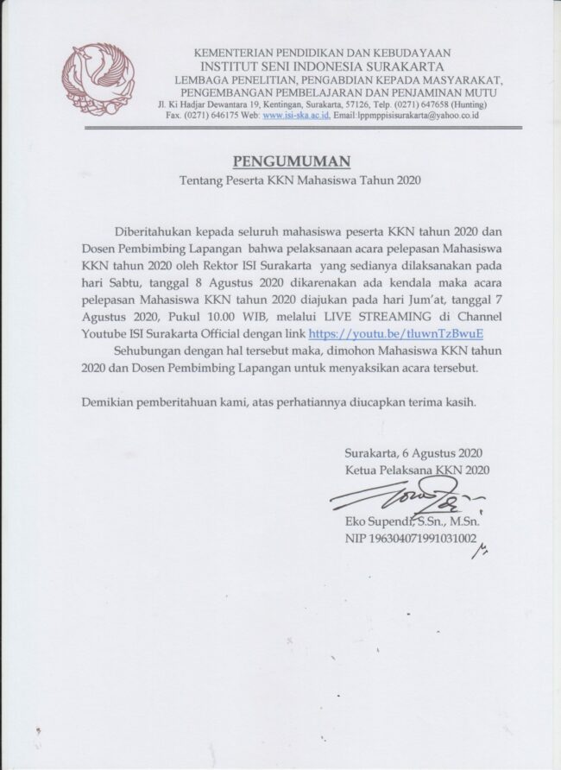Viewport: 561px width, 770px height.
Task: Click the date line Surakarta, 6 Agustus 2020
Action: point(413,453)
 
